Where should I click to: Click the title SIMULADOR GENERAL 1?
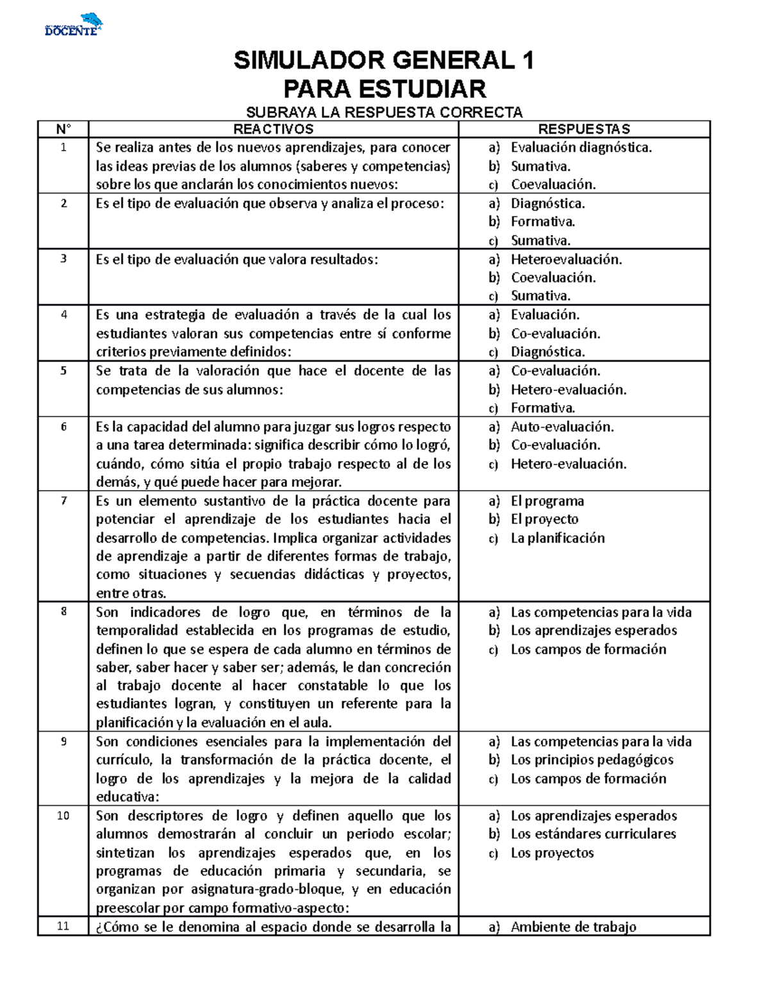(384, 61)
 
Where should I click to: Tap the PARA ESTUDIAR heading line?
(384, 88)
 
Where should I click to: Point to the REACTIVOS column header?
(273, 129)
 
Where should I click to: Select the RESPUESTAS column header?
(584, 129)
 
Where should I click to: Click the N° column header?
(63, 129)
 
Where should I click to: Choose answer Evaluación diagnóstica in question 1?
(581, 147)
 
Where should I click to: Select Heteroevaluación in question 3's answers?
(566, 259)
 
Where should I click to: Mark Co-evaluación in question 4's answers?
(555, 333)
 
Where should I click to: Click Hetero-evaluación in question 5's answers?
(568, 390)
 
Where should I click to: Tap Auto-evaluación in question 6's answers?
(562, 427)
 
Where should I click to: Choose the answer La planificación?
(558, 538)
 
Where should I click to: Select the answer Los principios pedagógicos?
(591, 760)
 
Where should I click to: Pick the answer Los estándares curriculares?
(593, 834)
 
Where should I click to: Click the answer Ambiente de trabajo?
(573, 926)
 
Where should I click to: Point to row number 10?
(63, 816)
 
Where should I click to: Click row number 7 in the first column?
(63, 500)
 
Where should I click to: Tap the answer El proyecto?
(544, 519)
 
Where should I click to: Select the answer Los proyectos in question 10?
(552, 853)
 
